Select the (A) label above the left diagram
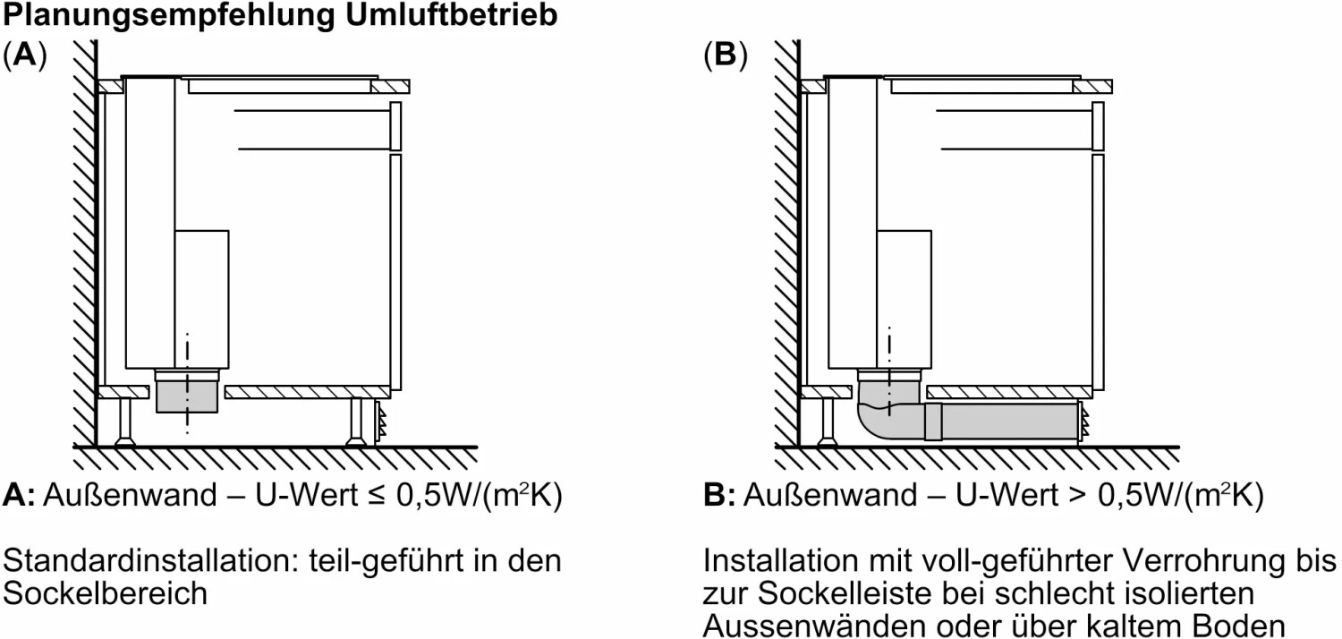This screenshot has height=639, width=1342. tap(25, 55)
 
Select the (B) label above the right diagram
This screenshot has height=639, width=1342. tap(726, 55)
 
